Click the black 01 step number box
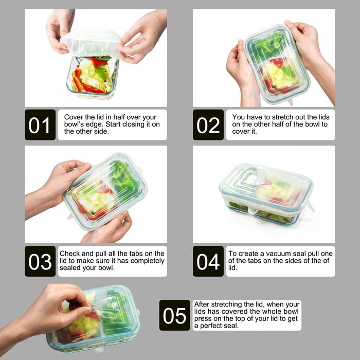[40, 124]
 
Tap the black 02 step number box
[208, 124]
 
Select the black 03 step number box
[40, 261]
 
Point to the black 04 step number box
[208, 261]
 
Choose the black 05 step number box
[175, 315]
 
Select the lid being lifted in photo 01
[91, 43]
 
